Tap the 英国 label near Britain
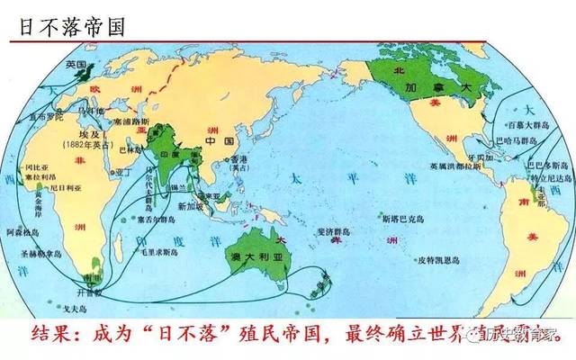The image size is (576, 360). point(76,66)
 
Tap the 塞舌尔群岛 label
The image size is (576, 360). point(152,218)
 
